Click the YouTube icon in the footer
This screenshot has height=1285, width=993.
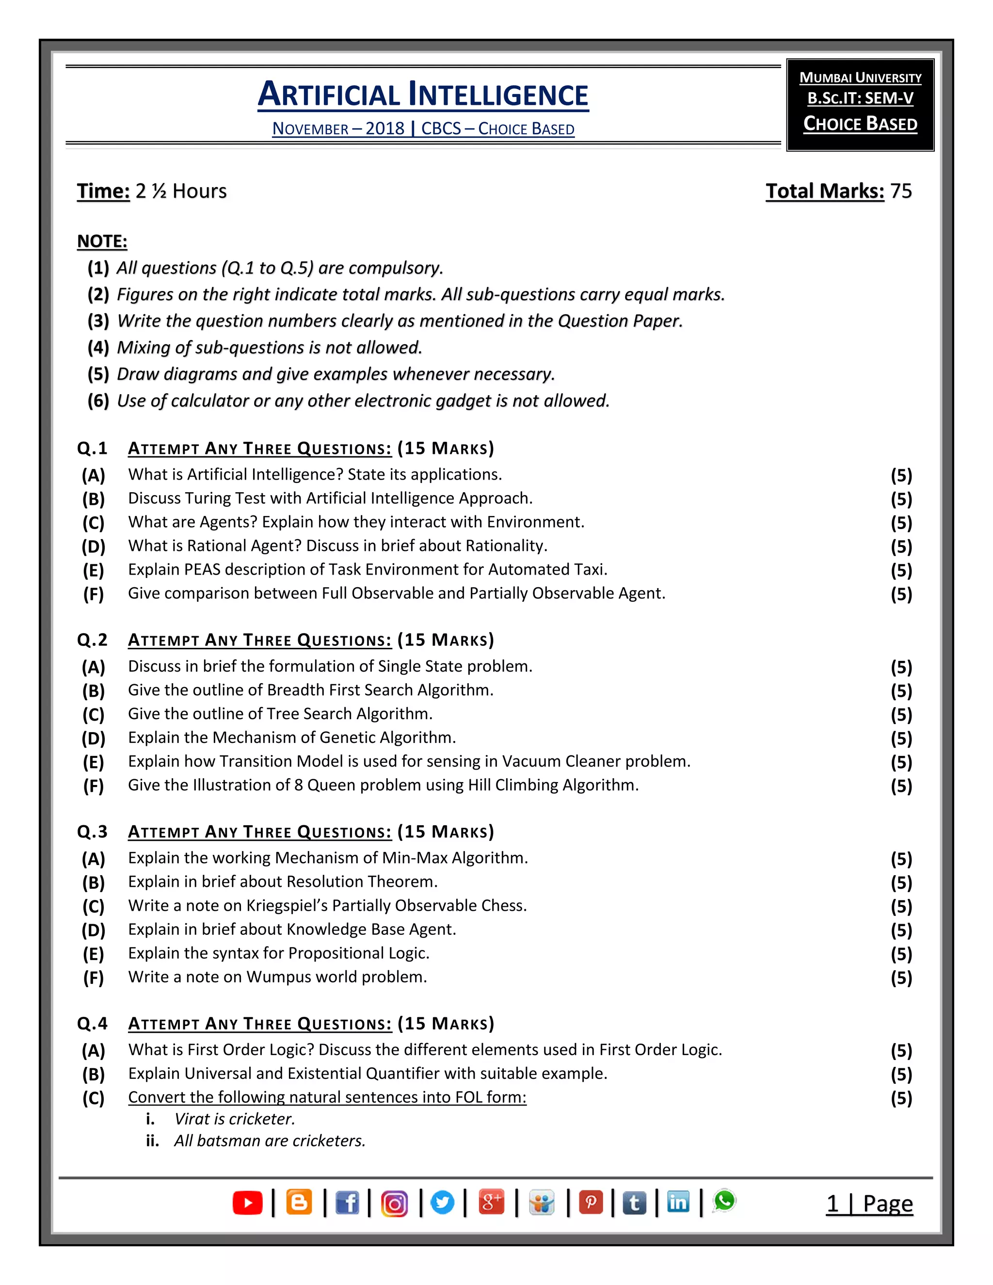tap(248, 1203)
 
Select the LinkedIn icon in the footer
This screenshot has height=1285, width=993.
tap(678, 1202)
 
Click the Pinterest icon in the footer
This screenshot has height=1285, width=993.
tap(591, 1203)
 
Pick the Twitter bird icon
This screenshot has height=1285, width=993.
tap(442, 1203)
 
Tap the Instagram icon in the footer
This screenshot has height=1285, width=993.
tap(394, 1203)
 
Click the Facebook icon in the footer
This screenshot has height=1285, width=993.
tap(347, 1203)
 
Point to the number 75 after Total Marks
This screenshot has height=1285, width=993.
tap(901, 191)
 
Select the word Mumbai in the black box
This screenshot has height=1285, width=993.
tap(825, 78)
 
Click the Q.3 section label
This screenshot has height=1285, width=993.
tap(92, 831)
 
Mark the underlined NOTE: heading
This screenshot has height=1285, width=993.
tap(102, 241)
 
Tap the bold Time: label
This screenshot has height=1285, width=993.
tap(103, 191)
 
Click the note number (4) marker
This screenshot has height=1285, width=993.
tap(98, 348)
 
